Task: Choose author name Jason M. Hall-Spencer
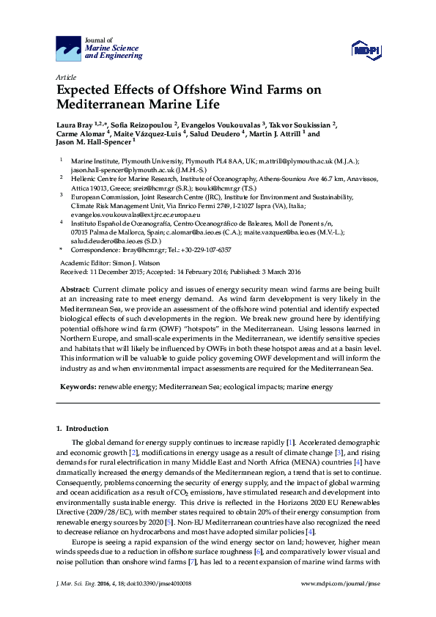coord(91,144)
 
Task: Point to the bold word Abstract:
coord(75,291)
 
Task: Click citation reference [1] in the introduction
coord(291,443)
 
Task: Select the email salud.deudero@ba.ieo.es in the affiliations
coord(93,240)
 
